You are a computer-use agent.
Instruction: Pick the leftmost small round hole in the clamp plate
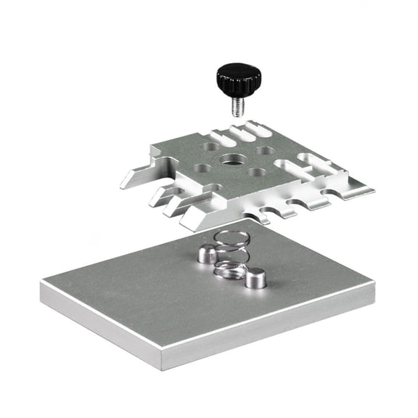(x=202, y=168)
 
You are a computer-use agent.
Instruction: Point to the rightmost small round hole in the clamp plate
(x=266, y=151)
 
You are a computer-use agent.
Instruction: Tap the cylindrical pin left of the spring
(x=207, y=253)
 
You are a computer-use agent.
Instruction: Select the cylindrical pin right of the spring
(x=255, y=278)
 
